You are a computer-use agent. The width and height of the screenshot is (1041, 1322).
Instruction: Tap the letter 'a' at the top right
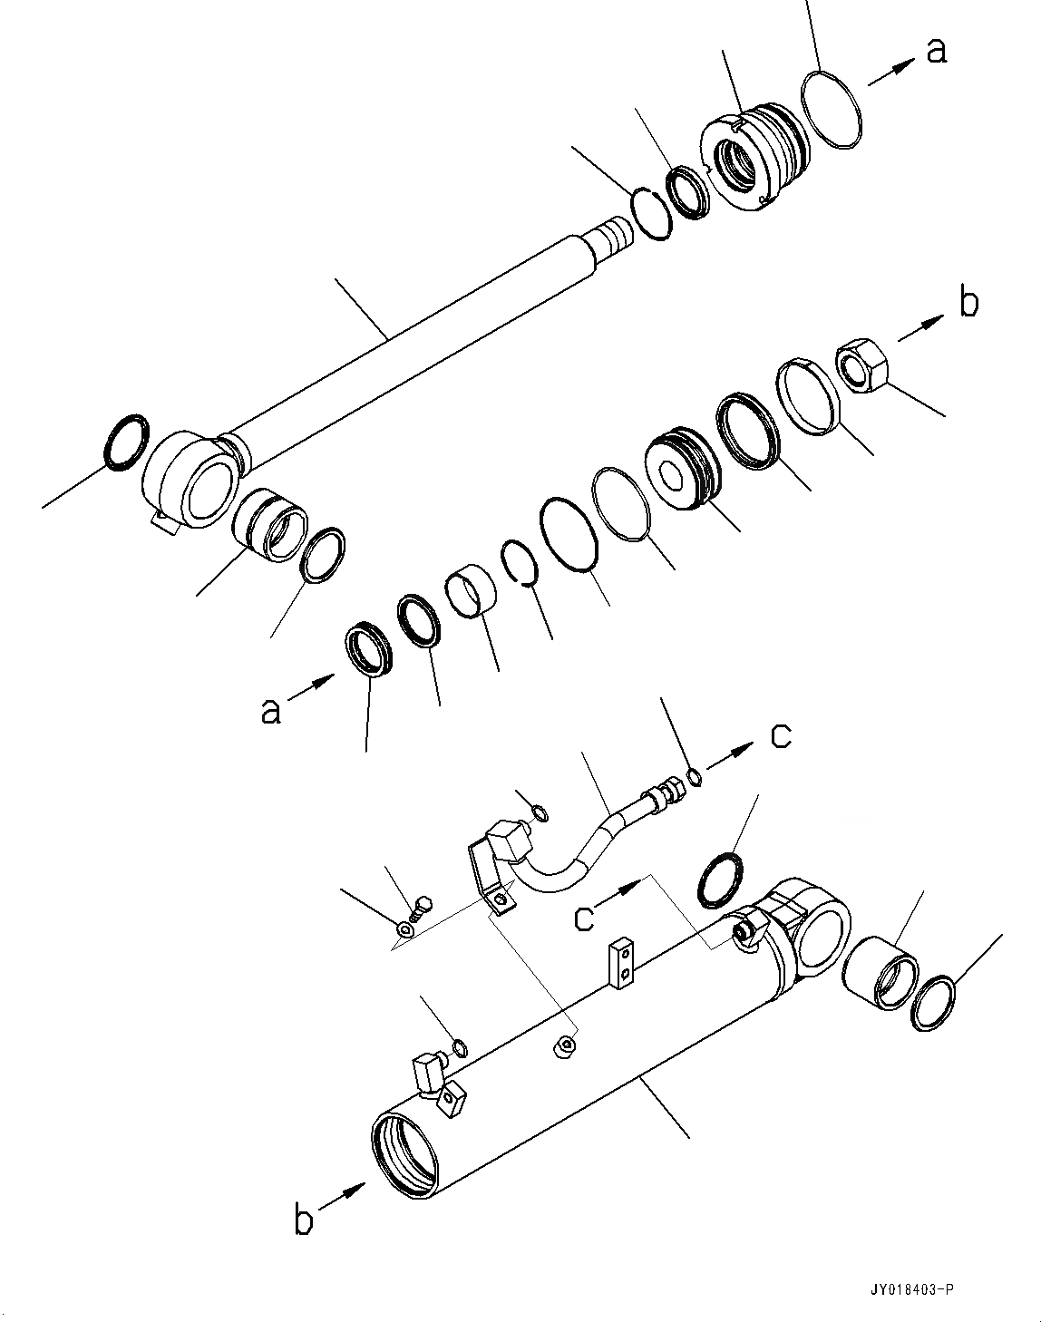[937, 50]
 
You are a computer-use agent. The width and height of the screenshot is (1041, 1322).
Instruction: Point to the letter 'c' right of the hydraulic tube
[781, 736]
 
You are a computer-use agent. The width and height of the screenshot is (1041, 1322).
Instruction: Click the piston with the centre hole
[681, 470]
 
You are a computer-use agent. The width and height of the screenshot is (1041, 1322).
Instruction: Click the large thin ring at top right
[831, 110]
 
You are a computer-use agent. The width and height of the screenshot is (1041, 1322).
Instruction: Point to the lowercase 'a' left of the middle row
[270, 709]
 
